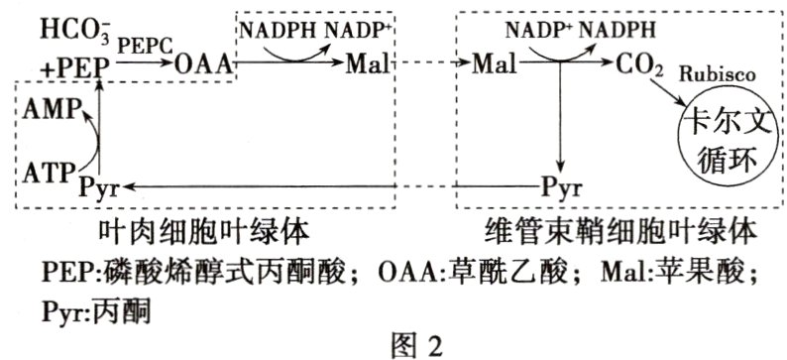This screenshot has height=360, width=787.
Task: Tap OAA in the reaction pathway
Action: click(x=203, y=65)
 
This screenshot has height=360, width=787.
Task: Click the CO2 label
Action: click(x=637, y=65)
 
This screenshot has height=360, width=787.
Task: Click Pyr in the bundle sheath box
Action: click(x=561, y=186)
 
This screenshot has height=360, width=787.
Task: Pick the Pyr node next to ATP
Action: click(x=98, y=186)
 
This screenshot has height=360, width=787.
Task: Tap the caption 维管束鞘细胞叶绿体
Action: click(x=620, y=231)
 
